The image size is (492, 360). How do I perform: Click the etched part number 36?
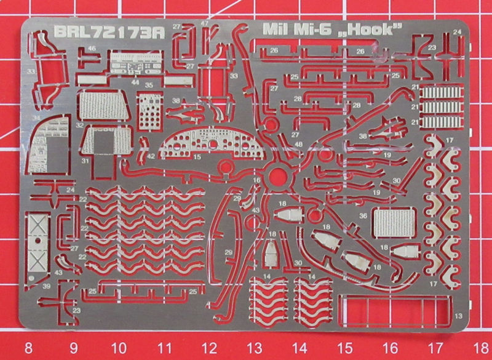tap(363, 215)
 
